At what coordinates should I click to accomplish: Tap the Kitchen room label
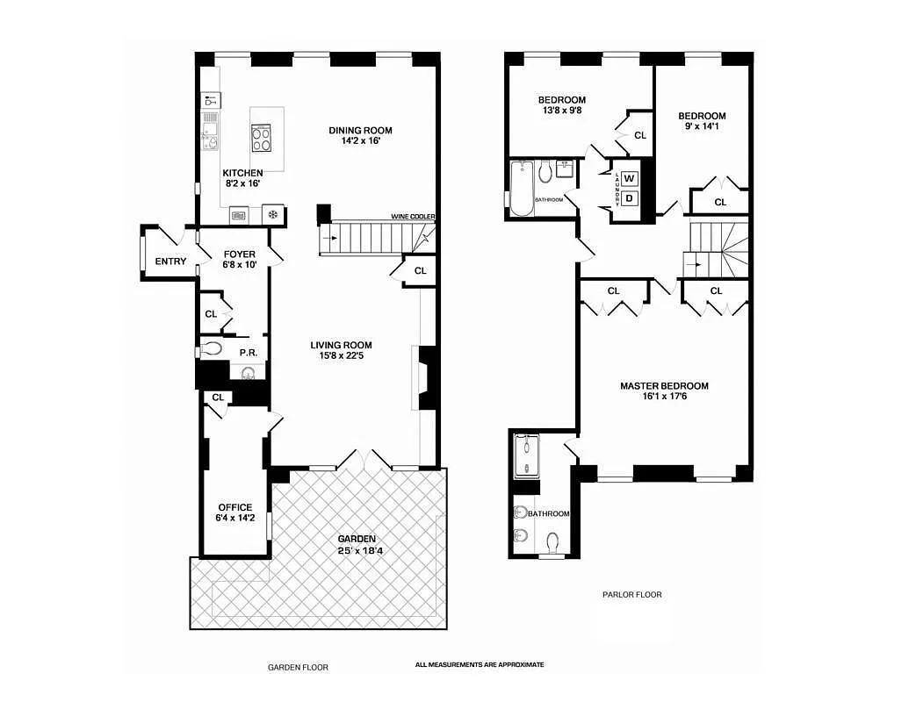click(x=242, y=173)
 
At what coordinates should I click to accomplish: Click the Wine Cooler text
click(x=414, y=217)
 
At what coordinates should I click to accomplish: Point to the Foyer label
click(x=239, y=254)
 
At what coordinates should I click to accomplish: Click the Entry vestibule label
click(x=170, y=261)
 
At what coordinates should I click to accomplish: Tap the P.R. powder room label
click(x=247, y=352)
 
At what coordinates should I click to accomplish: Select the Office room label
click(x=235, y=507)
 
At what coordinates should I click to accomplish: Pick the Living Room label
click(x=341, y=345)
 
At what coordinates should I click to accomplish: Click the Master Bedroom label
click(x=664, y=386)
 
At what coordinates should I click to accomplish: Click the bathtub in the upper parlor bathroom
click(x=522, y=188)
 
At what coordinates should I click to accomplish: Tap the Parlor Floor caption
click(x=632, y=594)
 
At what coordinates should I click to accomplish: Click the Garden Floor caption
click(x=298, y=667)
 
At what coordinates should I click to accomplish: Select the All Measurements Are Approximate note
click(x=480, y=664)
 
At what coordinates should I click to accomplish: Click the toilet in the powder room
click(x=211, y=348)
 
